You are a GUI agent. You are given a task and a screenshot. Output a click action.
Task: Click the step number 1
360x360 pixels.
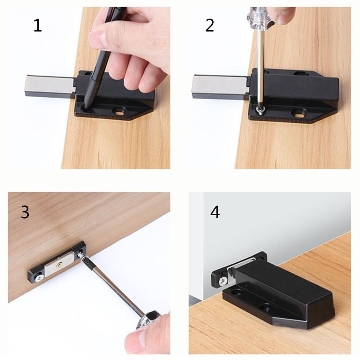click(x=38, y=26)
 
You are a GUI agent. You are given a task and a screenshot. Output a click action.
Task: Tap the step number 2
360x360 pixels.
click(x=210, y=26)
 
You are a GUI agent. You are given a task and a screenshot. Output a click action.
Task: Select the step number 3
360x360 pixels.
click(x=25, y=211)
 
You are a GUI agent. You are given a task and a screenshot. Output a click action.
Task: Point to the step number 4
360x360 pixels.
click(x=215, y=212)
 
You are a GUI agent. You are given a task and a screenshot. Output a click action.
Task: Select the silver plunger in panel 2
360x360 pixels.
click(x=218, y=86)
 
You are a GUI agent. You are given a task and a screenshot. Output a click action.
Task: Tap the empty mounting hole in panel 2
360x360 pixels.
click(x=297, y=112)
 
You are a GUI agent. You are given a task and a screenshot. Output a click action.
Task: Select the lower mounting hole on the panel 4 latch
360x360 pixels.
click(x=269, y=308)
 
